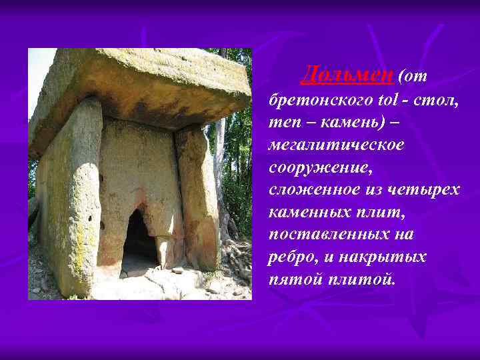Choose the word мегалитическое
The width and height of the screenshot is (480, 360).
(x=335, y=145)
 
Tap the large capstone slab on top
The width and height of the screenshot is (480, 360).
(x=140, y=83)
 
